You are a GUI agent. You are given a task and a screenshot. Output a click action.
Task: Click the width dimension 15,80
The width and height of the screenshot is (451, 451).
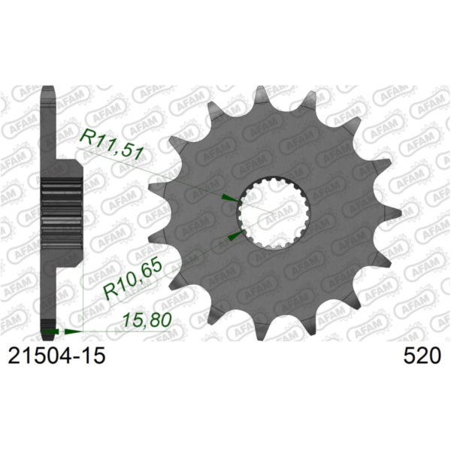coord(148,319)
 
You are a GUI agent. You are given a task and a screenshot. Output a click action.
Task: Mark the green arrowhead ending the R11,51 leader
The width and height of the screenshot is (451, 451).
coord(228,198)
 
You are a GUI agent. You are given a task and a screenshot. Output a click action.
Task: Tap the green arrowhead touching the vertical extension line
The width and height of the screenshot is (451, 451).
coord(72,331)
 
